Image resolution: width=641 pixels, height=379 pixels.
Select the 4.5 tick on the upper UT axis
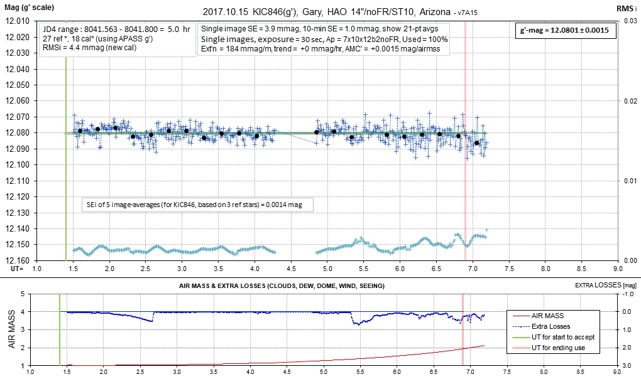pyautogui.click(x=291, y=269)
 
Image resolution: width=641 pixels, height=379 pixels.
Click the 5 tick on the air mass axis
pyautogui.click(x=23, y=294)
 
